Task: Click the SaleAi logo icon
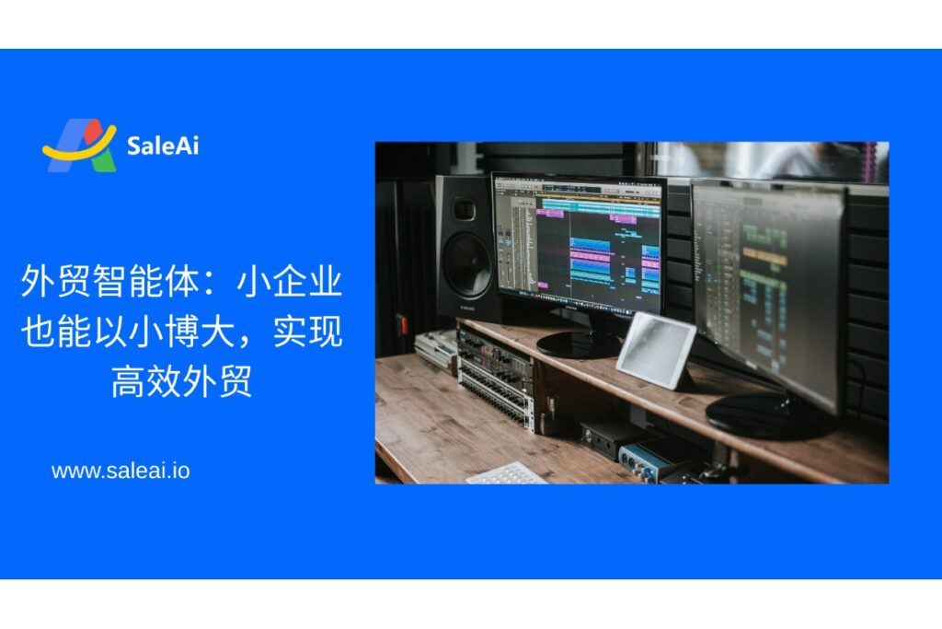(x=79, y=146)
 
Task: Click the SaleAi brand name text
(x=162, y=146)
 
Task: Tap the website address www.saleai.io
(x=121, y=471)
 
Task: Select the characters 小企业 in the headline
(x=290, y=281)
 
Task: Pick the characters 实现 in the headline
(x=307, y=331)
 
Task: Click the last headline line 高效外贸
(x=181, y=380)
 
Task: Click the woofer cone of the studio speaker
(x=468, y=265)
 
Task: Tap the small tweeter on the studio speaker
(x=464, y=209)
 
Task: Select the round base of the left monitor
(x=578, y=344)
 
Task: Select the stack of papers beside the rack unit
(x=435, y=349)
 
